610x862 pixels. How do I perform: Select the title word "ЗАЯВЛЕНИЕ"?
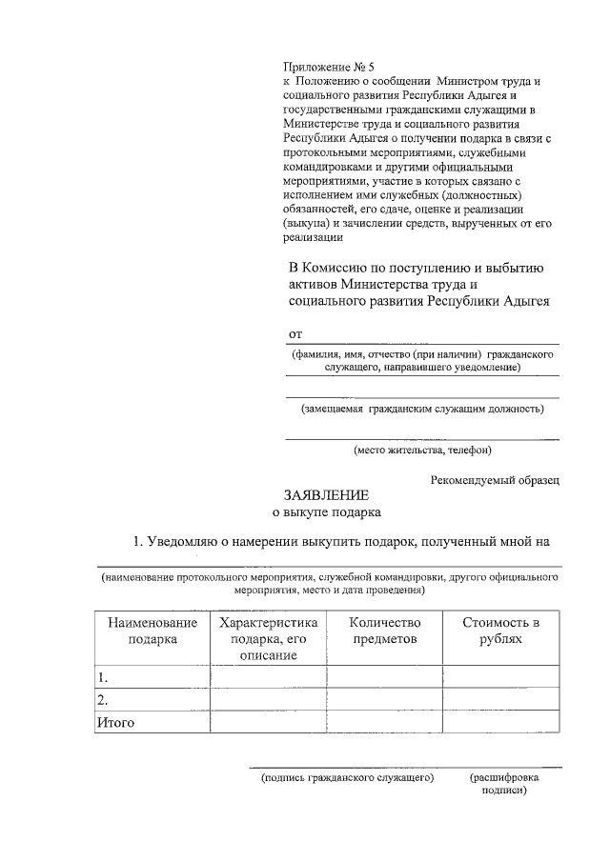325,495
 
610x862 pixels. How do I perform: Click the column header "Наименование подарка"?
152,631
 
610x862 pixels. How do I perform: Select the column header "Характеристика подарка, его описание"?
267,638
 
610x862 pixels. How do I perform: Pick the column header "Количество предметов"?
384,631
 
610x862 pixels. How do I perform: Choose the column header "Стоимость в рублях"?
500,631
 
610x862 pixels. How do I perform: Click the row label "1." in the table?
103,677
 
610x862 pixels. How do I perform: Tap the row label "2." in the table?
103,700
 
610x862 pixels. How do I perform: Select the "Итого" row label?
115,723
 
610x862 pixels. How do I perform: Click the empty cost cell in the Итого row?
500,723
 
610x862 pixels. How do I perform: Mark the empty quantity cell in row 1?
384,677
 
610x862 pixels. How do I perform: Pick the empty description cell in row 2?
267,700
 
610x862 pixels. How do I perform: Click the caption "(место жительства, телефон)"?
422,450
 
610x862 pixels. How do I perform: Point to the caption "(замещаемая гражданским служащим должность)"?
422,409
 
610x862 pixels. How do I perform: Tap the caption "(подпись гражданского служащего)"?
348,778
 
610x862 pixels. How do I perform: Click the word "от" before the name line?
295,333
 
